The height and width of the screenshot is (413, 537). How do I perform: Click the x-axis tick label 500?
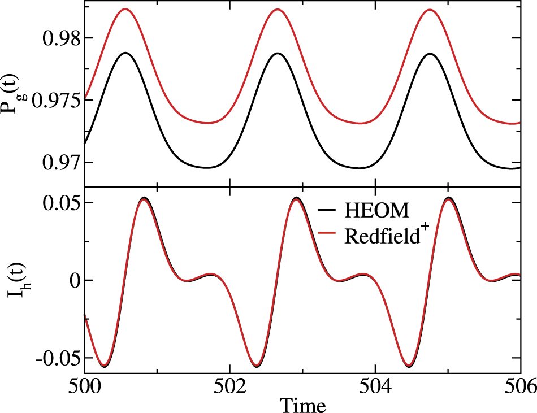pyautogui.click(x=84, y=387)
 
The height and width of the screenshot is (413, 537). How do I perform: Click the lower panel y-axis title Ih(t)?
pyautogui.click(x=12, y=280)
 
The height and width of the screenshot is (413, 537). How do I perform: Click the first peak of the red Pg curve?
pyautogui.click(x=124, y=10)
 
